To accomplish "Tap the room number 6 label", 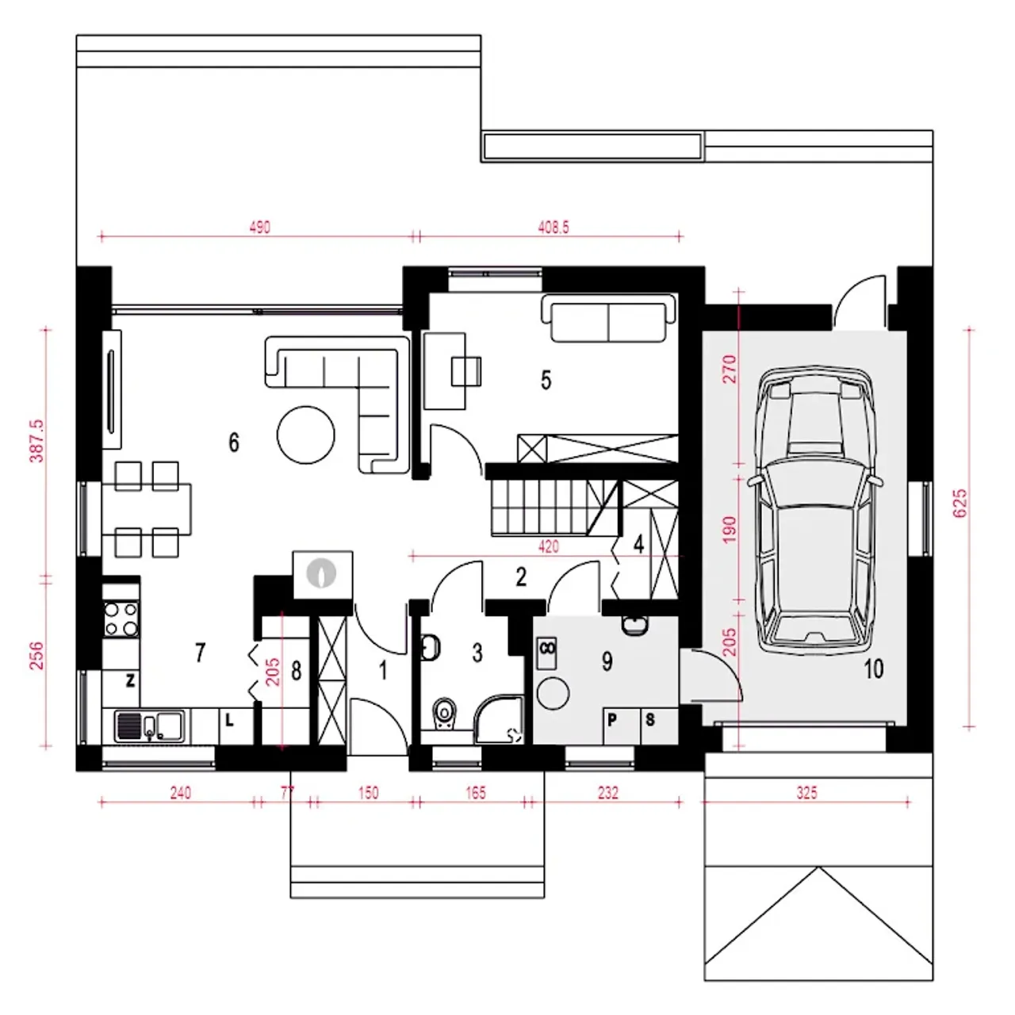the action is coord(234,442).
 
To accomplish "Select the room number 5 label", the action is coord(546,380).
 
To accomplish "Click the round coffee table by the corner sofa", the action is coord(305,435).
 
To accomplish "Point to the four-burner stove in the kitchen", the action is coord(121,619).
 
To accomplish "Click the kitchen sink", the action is coord(150,726).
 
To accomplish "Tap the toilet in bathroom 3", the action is coord(445,716).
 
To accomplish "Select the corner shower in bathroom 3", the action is coord(500,720).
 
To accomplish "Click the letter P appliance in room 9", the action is coord(612,719).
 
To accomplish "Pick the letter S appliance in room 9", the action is coord(650,719).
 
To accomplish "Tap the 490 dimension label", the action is coord(259,227).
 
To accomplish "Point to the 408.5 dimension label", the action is coord(553,227).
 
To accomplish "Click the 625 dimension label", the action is coord(960,503).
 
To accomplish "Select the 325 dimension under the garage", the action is coord(806,793).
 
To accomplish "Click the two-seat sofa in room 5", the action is coord(608,319).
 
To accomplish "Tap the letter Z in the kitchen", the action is coord(130,680).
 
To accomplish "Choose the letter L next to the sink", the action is coord(229,720).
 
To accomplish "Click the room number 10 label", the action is coord(873,669).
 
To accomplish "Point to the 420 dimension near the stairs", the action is coord(548,546).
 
